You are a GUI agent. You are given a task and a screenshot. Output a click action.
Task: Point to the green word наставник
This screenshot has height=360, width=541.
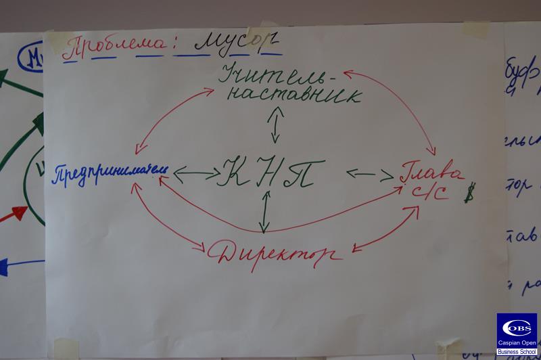point(290,95)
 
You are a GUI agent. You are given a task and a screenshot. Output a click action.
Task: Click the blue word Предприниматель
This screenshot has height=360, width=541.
point(108,173)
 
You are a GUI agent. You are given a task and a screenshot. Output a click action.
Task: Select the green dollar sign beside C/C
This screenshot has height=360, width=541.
point(467,195)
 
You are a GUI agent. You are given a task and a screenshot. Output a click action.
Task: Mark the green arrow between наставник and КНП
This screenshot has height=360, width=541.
point(274,126)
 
